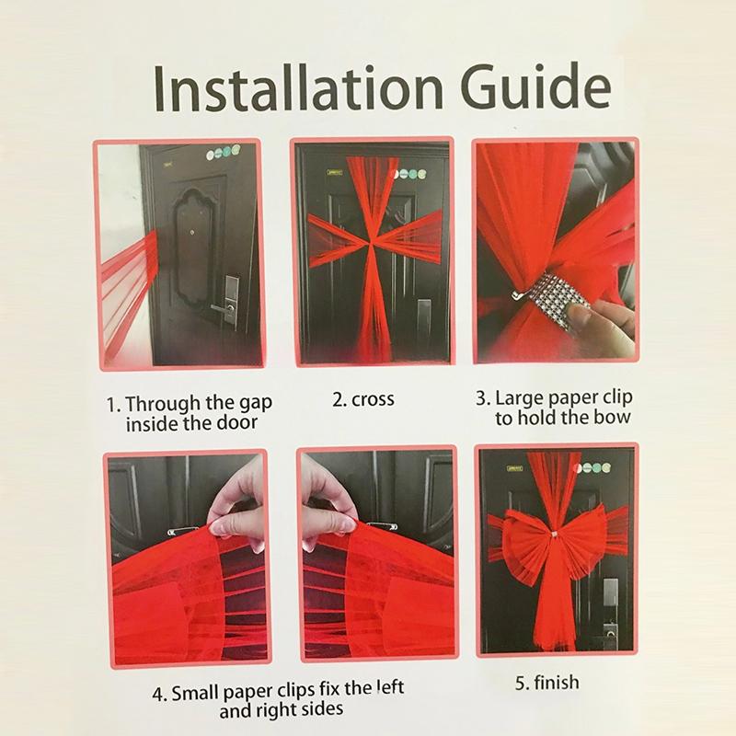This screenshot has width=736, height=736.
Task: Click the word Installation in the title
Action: (298, 88)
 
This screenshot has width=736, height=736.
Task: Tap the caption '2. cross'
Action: (363, 399)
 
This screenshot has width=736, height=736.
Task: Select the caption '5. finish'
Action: (546, 683)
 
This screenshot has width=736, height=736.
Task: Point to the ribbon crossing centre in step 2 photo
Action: (371, 243)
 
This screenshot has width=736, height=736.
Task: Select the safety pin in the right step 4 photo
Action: (381, 526)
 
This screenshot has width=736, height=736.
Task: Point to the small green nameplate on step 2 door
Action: (334, 173)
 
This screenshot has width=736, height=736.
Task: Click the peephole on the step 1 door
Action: (192, 233)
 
